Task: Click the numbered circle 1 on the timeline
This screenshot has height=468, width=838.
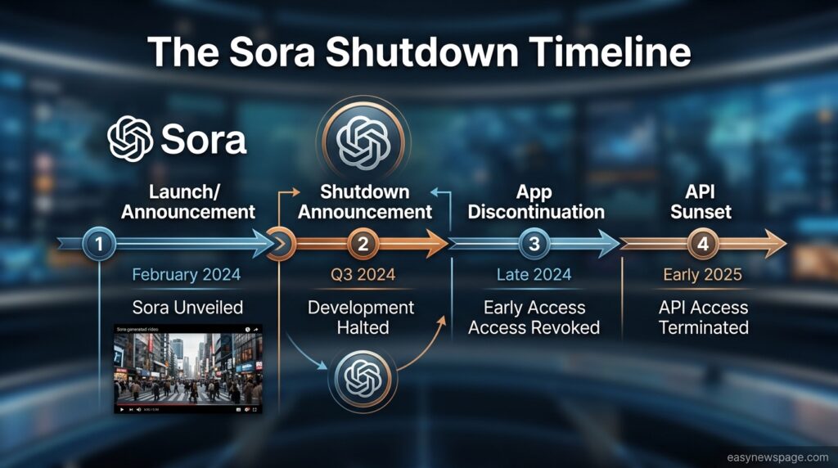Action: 99,244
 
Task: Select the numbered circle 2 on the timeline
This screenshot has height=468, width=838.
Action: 363,244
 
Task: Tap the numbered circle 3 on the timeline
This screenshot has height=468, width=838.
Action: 534,244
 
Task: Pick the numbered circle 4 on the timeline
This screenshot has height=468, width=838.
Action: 703,244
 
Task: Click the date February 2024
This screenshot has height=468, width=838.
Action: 187,275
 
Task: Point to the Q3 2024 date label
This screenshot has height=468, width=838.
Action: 363,275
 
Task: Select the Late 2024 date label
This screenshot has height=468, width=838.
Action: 534,275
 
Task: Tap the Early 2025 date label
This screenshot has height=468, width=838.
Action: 702,275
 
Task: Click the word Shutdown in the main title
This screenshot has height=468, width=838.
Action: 422,52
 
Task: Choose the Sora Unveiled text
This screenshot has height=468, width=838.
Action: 187,307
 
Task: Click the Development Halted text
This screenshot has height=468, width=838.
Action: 362,317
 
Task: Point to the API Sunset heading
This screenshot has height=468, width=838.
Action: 701,202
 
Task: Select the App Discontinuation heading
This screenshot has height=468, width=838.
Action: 536,202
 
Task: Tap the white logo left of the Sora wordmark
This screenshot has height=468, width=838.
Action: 130,139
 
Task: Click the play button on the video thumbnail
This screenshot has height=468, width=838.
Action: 122,410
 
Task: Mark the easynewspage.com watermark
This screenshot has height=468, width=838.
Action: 777,457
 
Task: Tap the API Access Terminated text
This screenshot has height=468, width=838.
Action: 703,317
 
